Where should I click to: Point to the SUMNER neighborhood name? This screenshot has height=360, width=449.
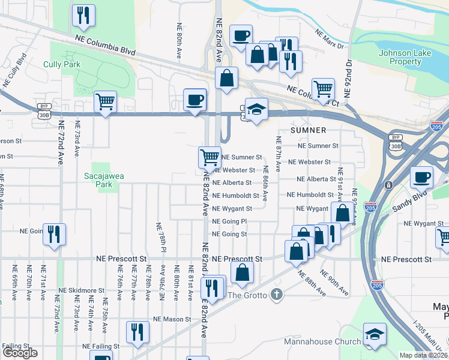(x=309, y=130)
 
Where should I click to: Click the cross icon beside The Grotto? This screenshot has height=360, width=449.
(x=276, y=294)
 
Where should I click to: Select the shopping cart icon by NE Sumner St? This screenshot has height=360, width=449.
(x=209, y=158)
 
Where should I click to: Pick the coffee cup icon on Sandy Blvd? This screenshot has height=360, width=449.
(x=422, y=177)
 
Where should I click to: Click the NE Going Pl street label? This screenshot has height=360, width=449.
(x=230, y=221)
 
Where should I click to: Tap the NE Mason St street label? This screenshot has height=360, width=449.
(x=172, y=319)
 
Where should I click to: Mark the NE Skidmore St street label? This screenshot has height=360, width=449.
(x=79, y=290)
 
